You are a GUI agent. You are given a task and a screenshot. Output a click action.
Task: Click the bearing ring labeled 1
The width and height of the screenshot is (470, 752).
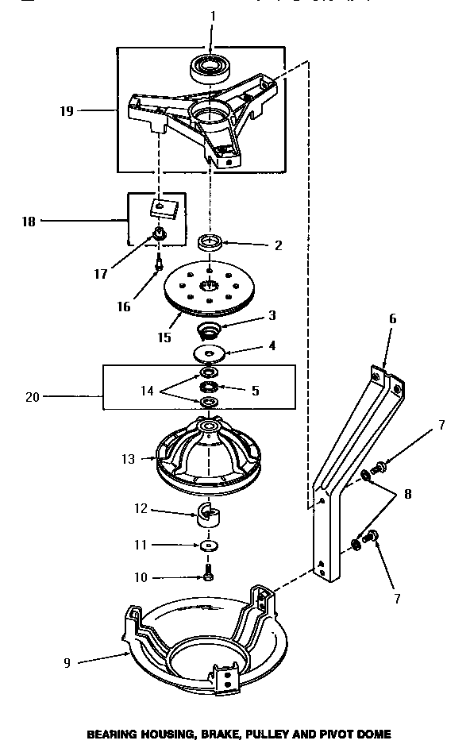[211, 67]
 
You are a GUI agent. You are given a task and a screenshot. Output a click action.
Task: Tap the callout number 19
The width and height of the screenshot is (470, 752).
[67, 111]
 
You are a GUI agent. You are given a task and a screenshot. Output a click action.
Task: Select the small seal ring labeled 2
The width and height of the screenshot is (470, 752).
[211, 242]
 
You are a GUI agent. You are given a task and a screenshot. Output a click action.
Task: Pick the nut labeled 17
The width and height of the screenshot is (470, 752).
[159, 233]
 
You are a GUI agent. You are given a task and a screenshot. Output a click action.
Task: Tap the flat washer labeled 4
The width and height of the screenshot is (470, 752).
[210, 353]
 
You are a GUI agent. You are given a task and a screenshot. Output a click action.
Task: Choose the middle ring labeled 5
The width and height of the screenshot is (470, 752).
[210, 388]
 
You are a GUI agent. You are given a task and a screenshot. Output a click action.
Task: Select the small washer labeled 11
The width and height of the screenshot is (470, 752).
[209, 547]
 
